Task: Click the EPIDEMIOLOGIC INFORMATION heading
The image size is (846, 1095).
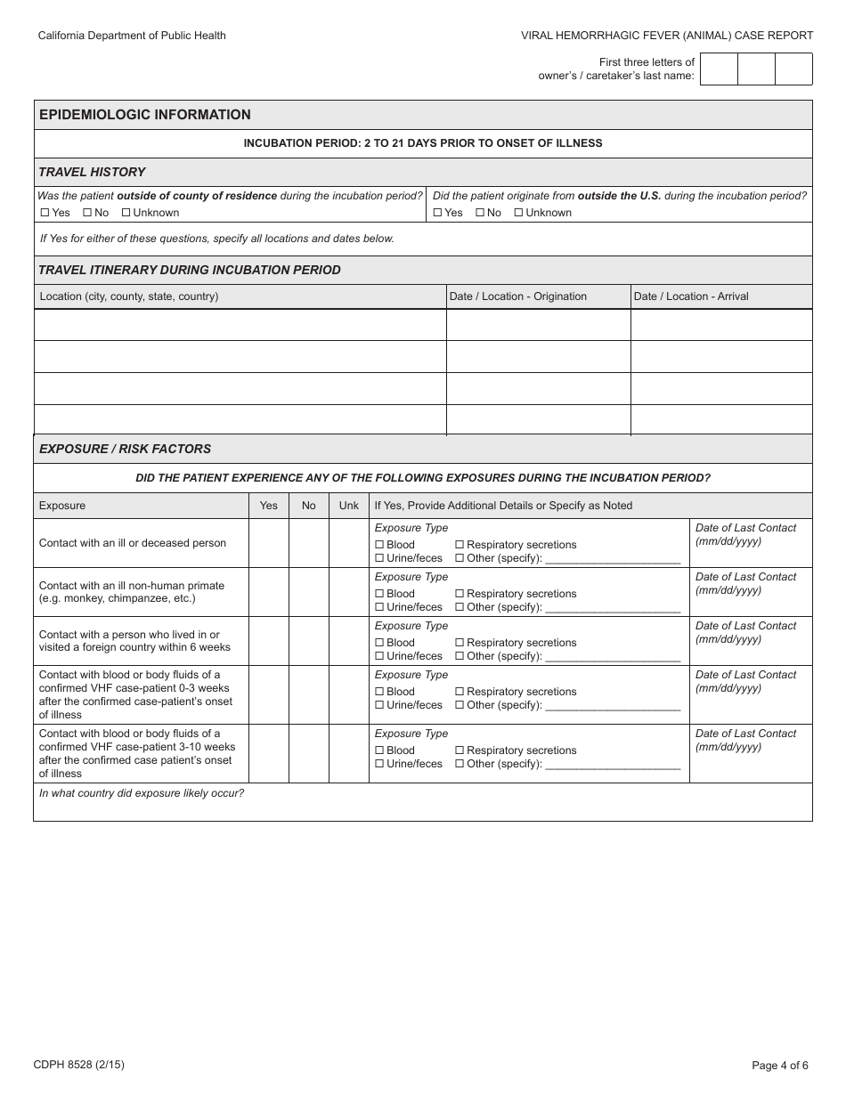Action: [145, 115]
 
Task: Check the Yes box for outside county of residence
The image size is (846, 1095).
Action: [45, 213]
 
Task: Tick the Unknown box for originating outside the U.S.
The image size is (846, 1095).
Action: [519, 213]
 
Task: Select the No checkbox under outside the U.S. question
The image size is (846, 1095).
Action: [480, 213]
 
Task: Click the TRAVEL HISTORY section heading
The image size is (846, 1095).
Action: [92, 172]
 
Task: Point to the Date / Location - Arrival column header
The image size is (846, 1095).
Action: [690, 296]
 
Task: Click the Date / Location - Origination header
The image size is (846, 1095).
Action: [518, 296]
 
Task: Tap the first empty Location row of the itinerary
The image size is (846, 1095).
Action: [240, 325]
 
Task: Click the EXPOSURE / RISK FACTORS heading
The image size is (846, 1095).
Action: [125, 449]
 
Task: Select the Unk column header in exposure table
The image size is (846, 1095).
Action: [349, 506]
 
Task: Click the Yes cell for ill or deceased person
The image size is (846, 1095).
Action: [268, 543]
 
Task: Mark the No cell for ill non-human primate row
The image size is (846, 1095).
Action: [308, 592]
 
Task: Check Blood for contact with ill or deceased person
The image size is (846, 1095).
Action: [379, 545]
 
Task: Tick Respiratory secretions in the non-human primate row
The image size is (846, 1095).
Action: [460, 594]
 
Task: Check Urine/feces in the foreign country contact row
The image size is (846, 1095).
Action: [379, 656]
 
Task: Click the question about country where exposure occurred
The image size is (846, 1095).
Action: [142, 793]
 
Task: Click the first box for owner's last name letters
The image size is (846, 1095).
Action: [720, 69]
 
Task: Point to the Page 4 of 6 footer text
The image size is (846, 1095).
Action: [780, 1065]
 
